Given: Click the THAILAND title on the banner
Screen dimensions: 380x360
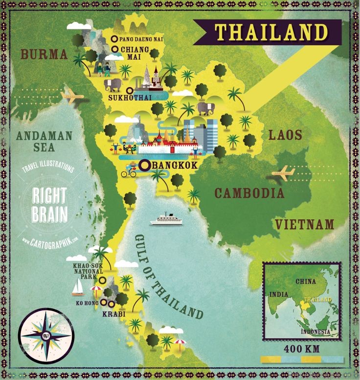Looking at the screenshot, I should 270,32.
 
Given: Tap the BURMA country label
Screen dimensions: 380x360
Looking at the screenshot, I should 44,54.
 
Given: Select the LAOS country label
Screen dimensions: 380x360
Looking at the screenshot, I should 285,135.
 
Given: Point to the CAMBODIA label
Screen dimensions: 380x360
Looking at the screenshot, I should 249,192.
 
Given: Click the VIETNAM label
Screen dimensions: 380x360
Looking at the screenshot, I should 304,225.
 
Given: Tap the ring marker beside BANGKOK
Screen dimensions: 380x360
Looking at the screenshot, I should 144,166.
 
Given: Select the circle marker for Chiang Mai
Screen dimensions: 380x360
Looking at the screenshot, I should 114,49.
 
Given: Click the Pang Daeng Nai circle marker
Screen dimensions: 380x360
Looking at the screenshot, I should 114,39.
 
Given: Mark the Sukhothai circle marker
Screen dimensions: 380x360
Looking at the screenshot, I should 130,90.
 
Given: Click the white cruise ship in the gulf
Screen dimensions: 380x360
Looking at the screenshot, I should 166,219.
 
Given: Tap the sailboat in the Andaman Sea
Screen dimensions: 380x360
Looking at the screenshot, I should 78,287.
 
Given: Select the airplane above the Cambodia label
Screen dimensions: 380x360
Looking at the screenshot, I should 283,172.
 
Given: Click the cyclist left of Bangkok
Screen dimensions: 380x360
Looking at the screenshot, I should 129,172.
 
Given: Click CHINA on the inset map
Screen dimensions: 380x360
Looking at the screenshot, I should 306,282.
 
